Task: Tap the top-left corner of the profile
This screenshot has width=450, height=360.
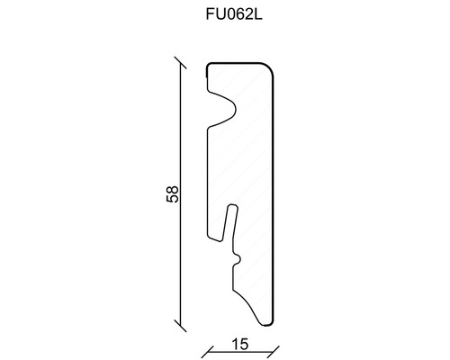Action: (209, 66)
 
